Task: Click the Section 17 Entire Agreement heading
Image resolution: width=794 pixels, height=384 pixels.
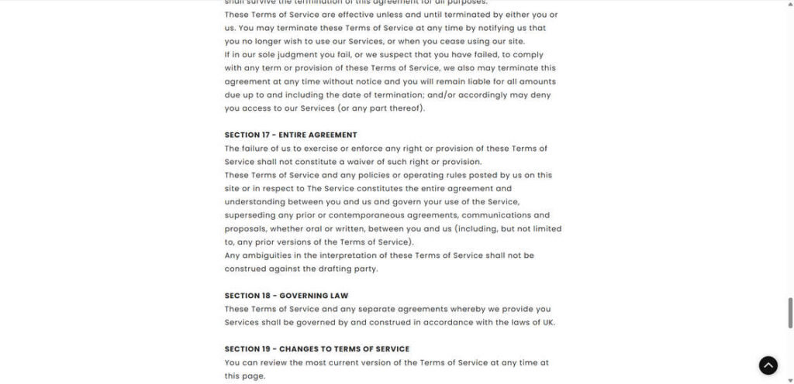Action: click(x=291, y=135)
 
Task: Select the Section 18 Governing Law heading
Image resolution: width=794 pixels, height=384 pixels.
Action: click(x=286, y=296)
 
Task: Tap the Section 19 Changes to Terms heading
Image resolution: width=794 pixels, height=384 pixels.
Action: click(x=317, y=349)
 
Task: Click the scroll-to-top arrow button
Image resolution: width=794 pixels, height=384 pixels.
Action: click(x=768, y=365)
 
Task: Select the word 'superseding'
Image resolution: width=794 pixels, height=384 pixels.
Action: click(x=249, y=215)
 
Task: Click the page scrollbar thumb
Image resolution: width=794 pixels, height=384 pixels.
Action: click(x=790, y=312)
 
